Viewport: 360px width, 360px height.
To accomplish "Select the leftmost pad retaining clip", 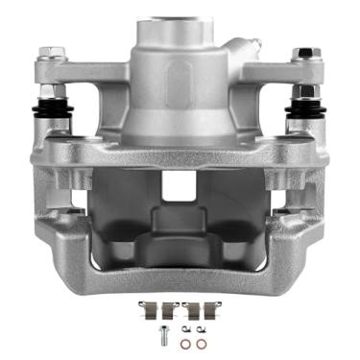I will (x=146, y=309).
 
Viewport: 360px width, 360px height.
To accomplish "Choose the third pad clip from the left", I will (x=195, y=309).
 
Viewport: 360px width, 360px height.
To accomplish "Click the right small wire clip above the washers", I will (x=202, y=330).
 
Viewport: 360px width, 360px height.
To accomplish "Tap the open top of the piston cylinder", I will (x=180, y=21).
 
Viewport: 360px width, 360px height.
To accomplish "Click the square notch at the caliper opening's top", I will (x=180, y=186).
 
